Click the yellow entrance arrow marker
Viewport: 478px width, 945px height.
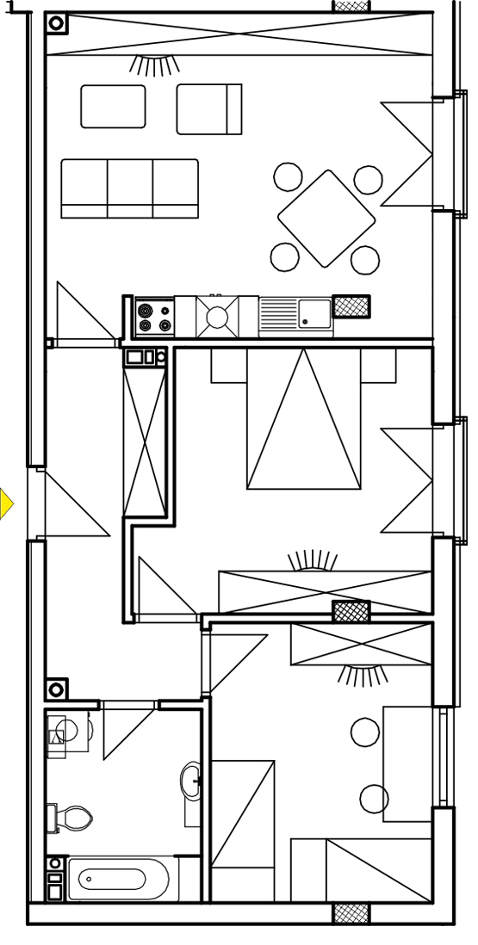pyautogui.click(x=6, y=503)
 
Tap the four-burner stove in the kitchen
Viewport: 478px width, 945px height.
pyautogui.click(x=154, y=318)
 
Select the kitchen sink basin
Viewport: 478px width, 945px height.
pyautogui.click(x=314, y=314)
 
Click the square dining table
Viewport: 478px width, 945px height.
pyautogui.click(x=326, y=218)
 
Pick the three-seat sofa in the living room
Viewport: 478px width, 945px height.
pyautogui.click(x=129, y=188)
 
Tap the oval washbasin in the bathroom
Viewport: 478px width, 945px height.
pyautogui.click(x=192, y=781)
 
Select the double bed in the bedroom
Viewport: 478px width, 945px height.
pyautogui.click(x=304, y=419)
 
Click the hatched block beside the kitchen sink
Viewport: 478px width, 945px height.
pyautogui.click(x=351, y=306)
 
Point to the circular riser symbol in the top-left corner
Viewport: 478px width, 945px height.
pyautogui.click(x=56, y=23)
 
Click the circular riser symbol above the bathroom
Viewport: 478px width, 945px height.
pyautogui.click(x=56, y=689)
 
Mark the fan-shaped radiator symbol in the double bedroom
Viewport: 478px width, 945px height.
pyautogui.click(x=313, y=560)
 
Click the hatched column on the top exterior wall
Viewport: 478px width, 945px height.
pyautogui.click(x=352, y=6)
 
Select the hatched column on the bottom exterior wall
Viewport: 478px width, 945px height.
pyautogui.click(x=352, y=913)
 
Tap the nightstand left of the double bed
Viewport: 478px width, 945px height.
pyautogui.click(x=228, y=365)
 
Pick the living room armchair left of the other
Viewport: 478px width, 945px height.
pyautogui.click(x=113, y=106)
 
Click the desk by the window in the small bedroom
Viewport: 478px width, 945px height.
pyautogui.click(x=407, y=763)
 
